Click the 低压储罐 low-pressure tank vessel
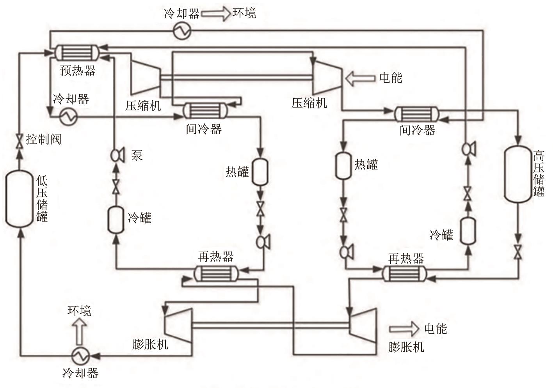tap(19, 198)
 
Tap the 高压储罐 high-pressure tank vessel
tap(518, 174)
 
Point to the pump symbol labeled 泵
tap(116, 155)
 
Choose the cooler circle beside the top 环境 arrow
tap(182, 31)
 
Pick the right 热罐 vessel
tap(343, 166)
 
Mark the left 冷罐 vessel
tap(116, 220)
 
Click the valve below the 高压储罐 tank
tap(518, 252)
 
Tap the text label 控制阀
tap(44, 139)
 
